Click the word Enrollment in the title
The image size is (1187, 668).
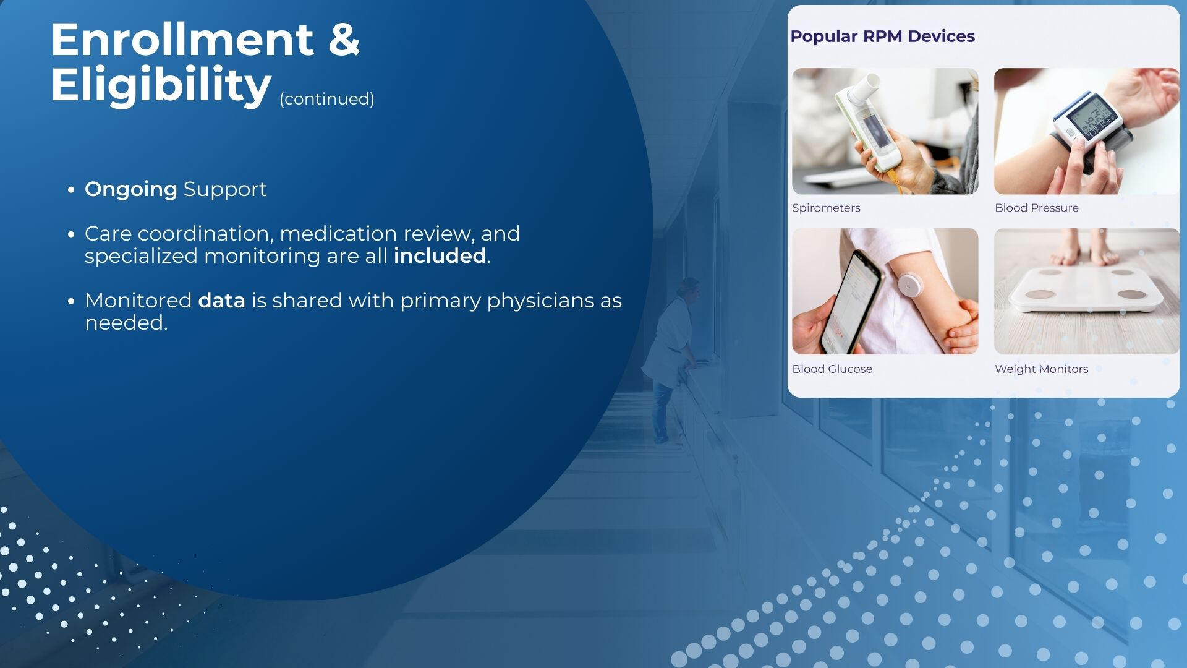(x=182, y=40)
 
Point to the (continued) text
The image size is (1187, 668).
(x=327, y=99)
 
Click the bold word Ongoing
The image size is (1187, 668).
(x=131, y=190)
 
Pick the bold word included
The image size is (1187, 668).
(x=440, y=256)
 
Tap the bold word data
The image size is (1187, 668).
(x=221, y=301)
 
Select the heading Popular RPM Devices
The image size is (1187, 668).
(x=882, y=36)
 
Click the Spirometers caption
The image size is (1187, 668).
(x=826, y=208)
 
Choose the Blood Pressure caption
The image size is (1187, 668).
(x=1037, y=208)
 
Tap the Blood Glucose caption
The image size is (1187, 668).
(x=832, y=369)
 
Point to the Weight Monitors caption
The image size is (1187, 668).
(x=1041, y=369)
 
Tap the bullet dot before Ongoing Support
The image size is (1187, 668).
(x=72, y=190)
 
